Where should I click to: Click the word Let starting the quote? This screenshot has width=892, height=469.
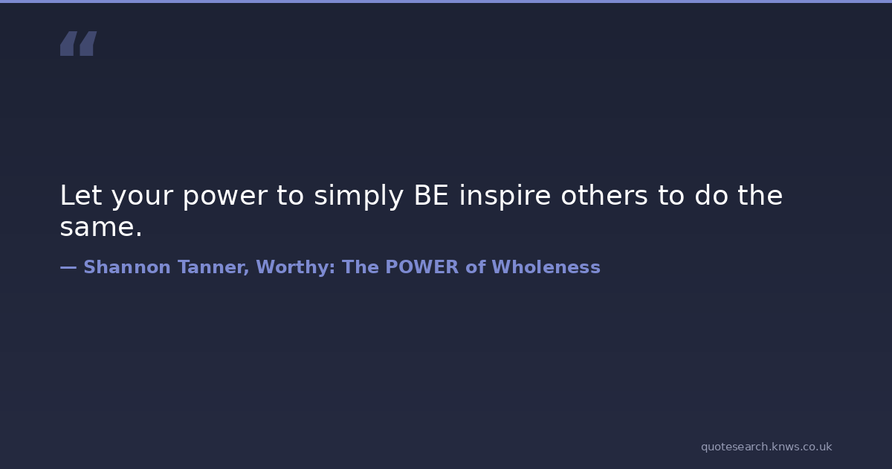point(81,195)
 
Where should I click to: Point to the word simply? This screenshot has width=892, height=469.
point(359,197)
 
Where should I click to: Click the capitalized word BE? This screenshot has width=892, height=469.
point(431,195)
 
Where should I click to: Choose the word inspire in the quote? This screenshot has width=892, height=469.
point(505,197)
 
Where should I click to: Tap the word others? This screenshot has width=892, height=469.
point(604,195)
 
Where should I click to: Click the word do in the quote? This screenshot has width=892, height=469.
point(711,195)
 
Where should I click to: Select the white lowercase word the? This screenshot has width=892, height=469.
point(760,195)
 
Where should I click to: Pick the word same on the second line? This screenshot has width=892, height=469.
point(97,227)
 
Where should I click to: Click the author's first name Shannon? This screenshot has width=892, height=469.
point(127,267)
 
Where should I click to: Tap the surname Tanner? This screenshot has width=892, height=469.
point(213,267)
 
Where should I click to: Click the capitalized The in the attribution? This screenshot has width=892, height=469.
point(360,267)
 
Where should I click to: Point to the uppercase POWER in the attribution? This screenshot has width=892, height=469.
point(421,267)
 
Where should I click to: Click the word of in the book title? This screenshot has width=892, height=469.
point(476,267)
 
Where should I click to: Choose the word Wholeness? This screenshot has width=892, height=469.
point(546,267)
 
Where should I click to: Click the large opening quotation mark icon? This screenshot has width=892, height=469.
point(79,43)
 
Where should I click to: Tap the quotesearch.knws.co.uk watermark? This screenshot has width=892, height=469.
point(766,447)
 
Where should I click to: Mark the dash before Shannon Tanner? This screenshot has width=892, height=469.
point(68,267)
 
